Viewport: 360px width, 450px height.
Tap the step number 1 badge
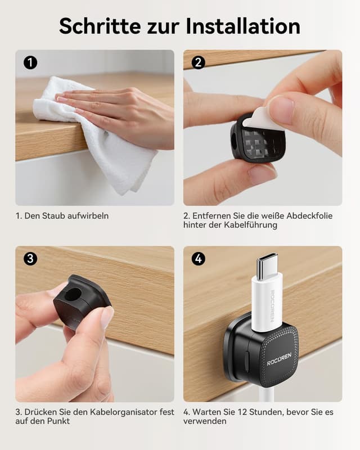pos(30,62)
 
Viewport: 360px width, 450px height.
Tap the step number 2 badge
pos(198,62)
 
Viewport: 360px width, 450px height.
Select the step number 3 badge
pos(30,259)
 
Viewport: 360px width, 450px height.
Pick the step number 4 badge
pos(198,259)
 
